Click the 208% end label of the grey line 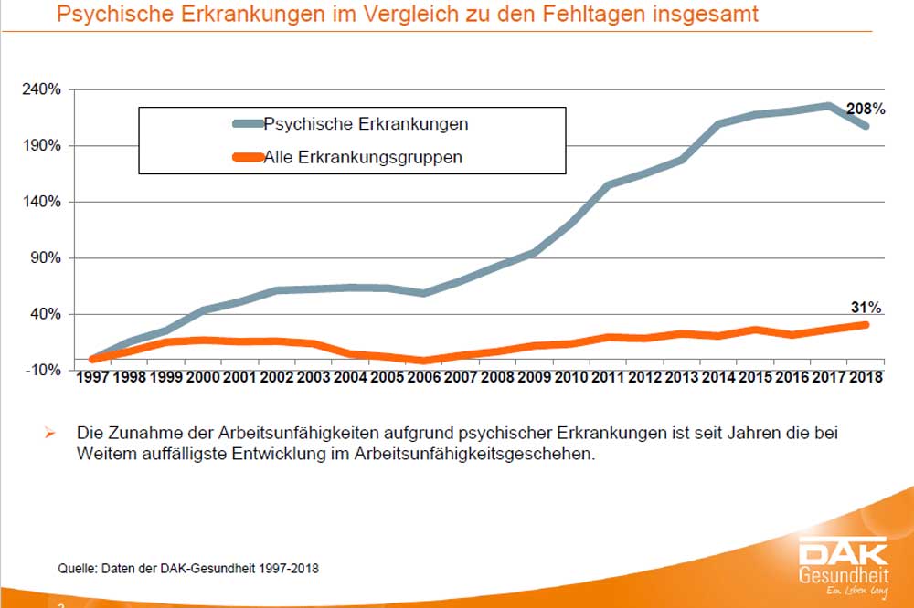(x=866, y=109)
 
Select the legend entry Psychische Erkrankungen (x=366, y=123)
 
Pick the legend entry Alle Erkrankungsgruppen (x=363, y=157)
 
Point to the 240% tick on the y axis (x=41, y=89)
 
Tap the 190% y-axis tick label (x=41, y=146)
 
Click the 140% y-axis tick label (x=41, y=202)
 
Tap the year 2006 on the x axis (x=424, y=377)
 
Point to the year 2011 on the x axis (x=608, y=377)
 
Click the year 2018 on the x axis (x=865, y=377)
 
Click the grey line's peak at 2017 (x=828, y=106)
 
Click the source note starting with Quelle (x=189, y=568)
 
